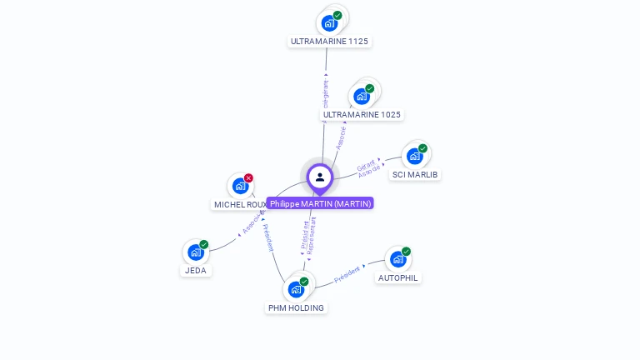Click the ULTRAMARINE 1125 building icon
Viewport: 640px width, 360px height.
(x=330, y=22)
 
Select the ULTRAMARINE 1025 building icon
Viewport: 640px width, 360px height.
(x=362, y=96)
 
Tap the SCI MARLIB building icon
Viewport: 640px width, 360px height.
(x=414, y=156)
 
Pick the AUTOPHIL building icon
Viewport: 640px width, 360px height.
(x=397, y=259)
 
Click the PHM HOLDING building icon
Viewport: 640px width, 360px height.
(x=296, y=289)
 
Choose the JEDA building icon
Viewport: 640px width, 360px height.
(x=196, y=252)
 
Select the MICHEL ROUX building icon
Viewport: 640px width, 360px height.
(x=241, y=186)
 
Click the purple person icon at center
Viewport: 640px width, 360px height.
(x=320, y=177)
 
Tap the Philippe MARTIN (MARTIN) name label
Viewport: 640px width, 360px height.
(x=320, y=203)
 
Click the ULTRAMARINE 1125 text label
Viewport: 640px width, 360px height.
(x=329, y=41)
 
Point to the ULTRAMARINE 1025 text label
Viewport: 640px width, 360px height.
(x=362, y=114)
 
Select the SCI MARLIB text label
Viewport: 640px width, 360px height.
(x=415, y=174)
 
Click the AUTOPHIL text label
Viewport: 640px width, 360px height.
(x=398, y=277)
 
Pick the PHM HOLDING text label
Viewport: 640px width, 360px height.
(x=296, y=307)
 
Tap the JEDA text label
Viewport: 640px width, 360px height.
(x=196, y=271)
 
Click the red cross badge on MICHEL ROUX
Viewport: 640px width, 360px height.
(x=248, y=178)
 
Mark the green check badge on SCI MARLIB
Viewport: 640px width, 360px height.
(x=422, y=148)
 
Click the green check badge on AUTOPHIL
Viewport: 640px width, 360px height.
(x=406, y=252)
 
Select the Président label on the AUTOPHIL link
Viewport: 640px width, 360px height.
(x=347, y=276)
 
